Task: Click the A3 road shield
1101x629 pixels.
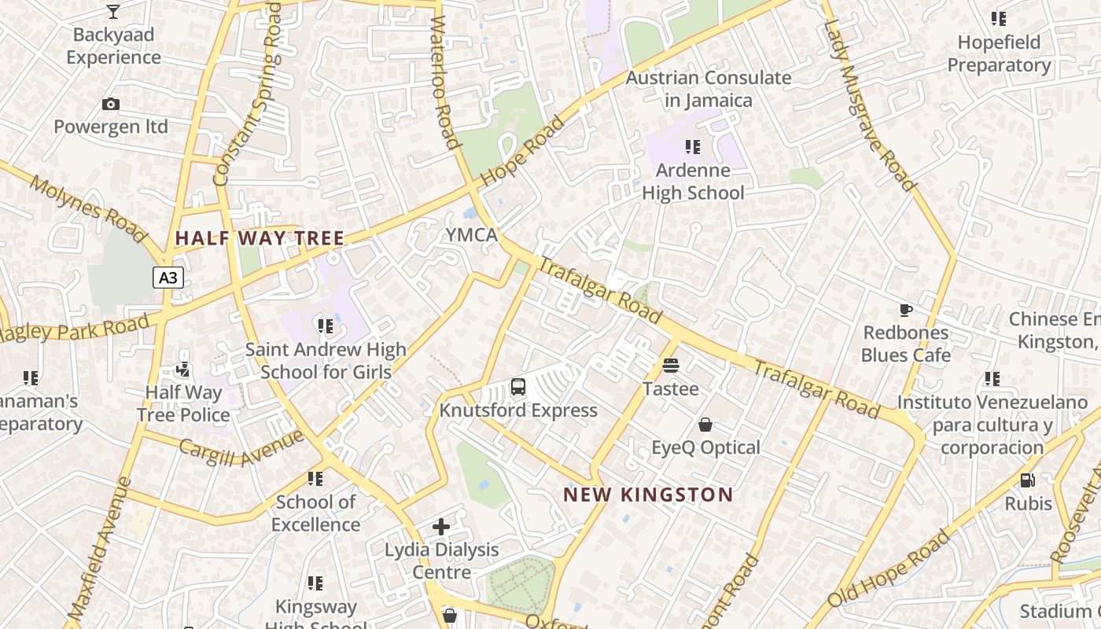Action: (x=168, y=278)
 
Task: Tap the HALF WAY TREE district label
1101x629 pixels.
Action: (x=260, y=238)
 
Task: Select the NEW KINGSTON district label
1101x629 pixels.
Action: (x=648, y=495)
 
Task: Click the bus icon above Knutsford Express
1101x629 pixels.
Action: (x=518, y=386)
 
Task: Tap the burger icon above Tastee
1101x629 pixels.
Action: (x=671, y=365)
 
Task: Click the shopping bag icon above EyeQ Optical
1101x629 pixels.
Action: (x=705, y=425)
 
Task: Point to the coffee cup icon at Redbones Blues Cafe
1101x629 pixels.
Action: (x=905, y=310)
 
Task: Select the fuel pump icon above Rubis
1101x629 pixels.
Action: (x=1027, y=480)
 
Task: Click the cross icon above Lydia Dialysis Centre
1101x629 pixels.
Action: (x=441, y=526)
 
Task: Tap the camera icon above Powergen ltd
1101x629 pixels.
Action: (x=111, y=104)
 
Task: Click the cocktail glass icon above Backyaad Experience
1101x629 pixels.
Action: (x=113, y=11)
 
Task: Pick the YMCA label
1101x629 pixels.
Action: (x=472, y=235)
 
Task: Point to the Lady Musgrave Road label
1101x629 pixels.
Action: (x=869, y=106)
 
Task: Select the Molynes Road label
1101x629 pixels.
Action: (x=88, y=208)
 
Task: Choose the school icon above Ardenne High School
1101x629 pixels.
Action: (x=692, y=146)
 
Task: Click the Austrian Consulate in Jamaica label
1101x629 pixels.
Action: (x=708, y=89)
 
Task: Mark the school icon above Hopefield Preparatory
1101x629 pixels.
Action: (x=998, y=18)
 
